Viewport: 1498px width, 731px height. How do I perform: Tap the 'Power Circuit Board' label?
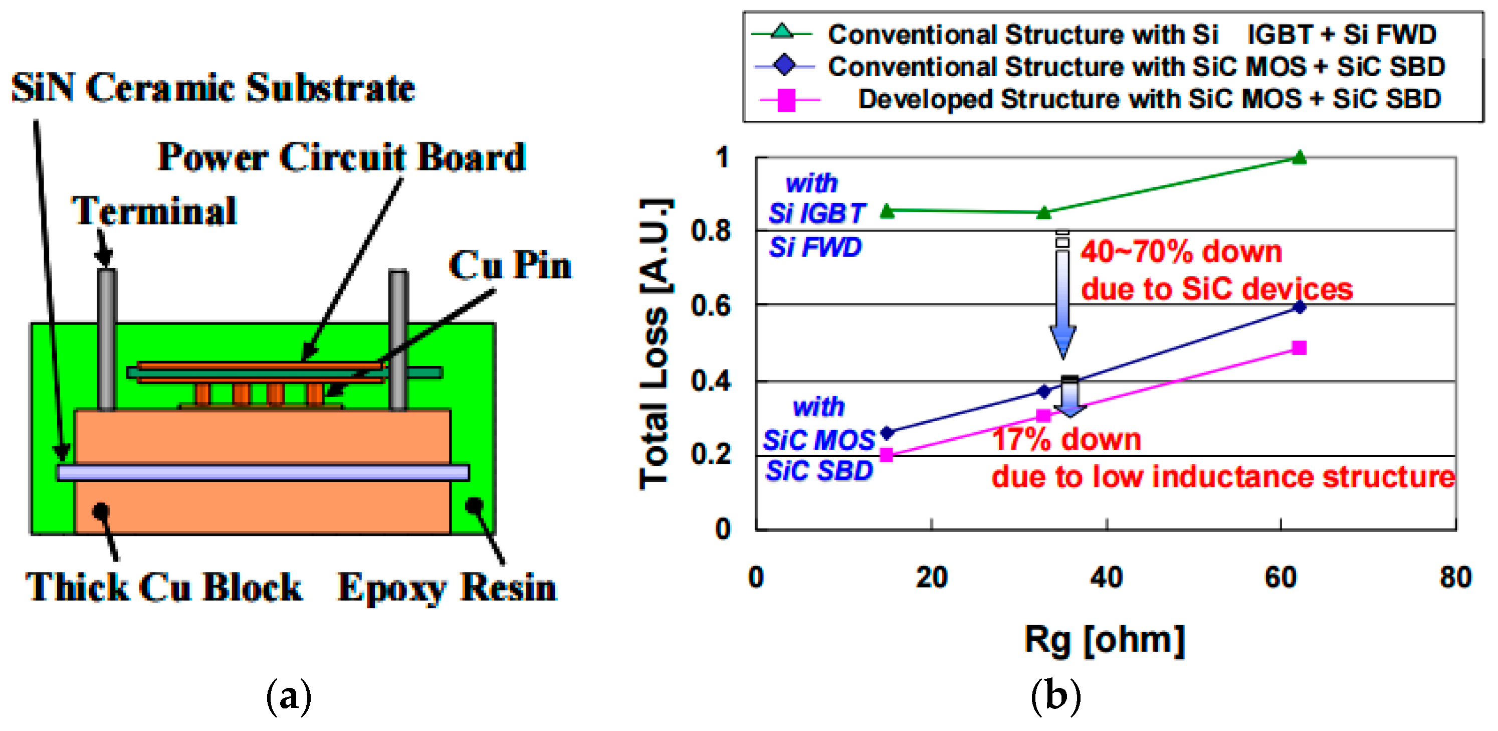341,157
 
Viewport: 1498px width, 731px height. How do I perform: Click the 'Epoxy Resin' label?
447,588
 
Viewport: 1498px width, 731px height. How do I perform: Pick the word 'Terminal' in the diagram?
154,211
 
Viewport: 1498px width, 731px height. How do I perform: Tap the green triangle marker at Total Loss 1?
1299,157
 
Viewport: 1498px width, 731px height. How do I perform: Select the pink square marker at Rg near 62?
1299,348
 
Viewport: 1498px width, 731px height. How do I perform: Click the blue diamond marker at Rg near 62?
1299,307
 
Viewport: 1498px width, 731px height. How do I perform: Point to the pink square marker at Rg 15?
886,455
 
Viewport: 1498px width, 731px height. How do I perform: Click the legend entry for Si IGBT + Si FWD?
1131,34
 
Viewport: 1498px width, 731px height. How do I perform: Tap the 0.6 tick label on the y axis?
711,306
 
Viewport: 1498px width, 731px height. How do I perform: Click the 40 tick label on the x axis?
1106,578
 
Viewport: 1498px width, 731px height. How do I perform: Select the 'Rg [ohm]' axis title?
1104,640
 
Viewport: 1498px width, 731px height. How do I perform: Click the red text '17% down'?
1066,439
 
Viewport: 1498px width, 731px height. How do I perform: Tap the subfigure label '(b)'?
1055,695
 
